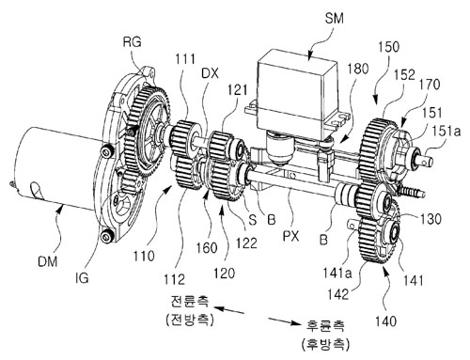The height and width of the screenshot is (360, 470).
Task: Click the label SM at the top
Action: (x=334, y=19)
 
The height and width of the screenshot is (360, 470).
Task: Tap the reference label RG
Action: (x=133, y=41)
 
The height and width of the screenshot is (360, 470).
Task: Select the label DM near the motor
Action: (x=48, y=261)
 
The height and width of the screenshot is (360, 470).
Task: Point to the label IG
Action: (x=82, y=277)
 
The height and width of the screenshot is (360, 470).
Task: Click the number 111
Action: (x=185, y=58)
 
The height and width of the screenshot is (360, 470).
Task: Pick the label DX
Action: (x=210, y=73)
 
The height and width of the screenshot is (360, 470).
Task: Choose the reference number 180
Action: (x=358, y=69)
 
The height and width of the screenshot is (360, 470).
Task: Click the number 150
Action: (x=388, y=47)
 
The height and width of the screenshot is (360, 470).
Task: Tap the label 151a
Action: (x=447, y=131)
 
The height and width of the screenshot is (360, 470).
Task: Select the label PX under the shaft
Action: (x=291, y=236)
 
